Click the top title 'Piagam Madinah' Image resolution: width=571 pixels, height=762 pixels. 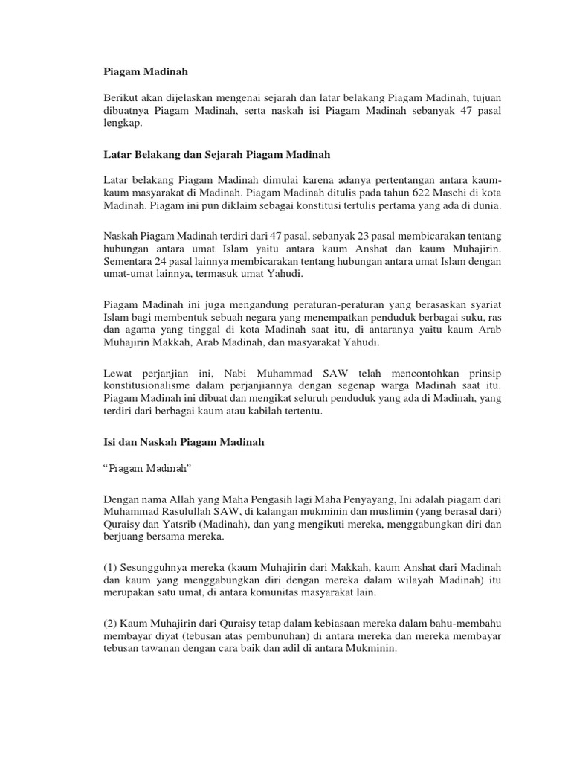[x=144, y=72]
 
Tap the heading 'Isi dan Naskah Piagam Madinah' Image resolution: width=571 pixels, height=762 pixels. [x=183, y=443]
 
